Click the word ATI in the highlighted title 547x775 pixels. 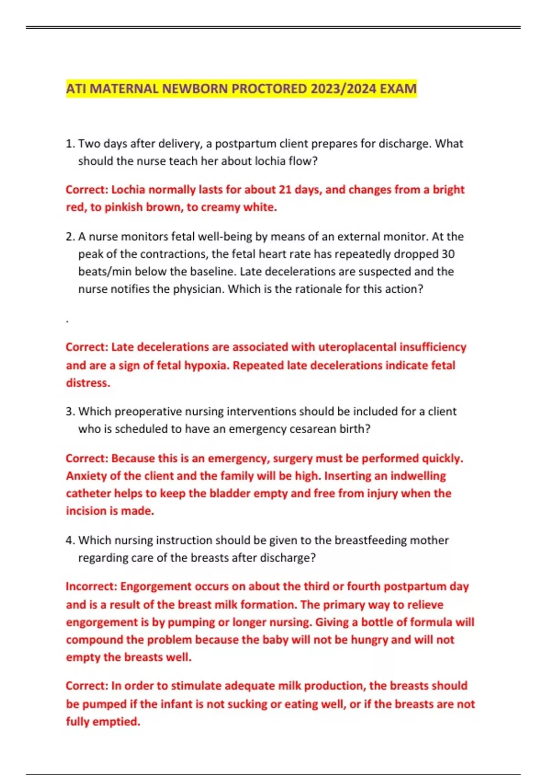click(76, 88)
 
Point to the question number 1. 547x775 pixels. click(70, 144)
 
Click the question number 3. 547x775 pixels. click(70, 412)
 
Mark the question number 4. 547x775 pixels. click(70, 541)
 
